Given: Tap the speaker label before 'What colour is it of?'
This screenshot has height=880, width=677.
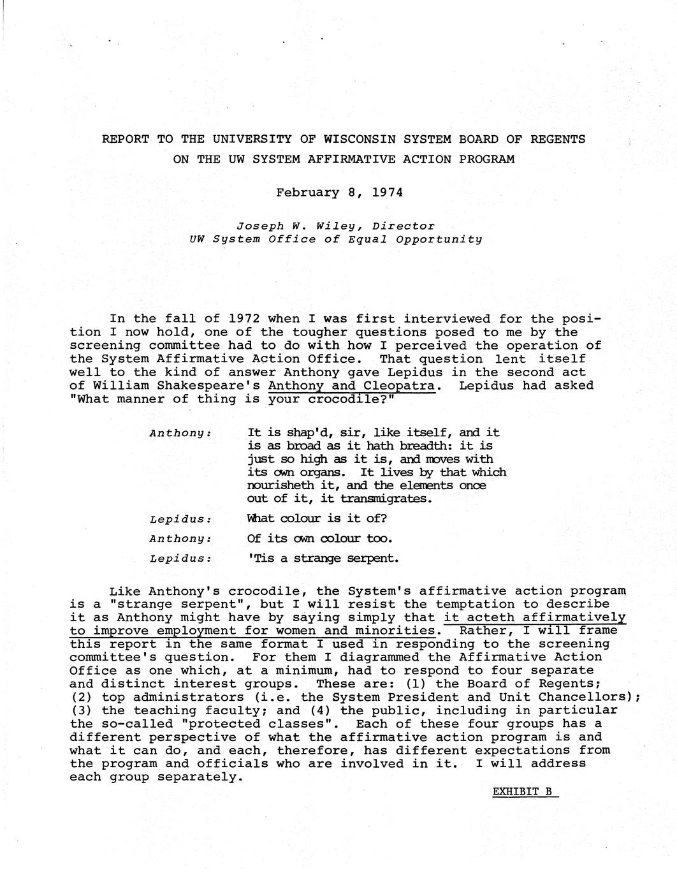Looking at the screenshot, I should tap(180, 519).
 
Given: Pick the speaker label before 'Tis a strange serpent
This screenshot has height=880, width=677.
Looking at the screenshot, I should tap(180, 559).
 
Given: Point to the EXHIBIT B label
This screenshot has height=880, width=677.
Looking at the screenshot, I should tap(522, 792).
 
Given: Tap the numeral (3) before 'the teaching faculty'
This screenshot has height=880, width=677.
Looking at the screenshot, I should tap(82, 710).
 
